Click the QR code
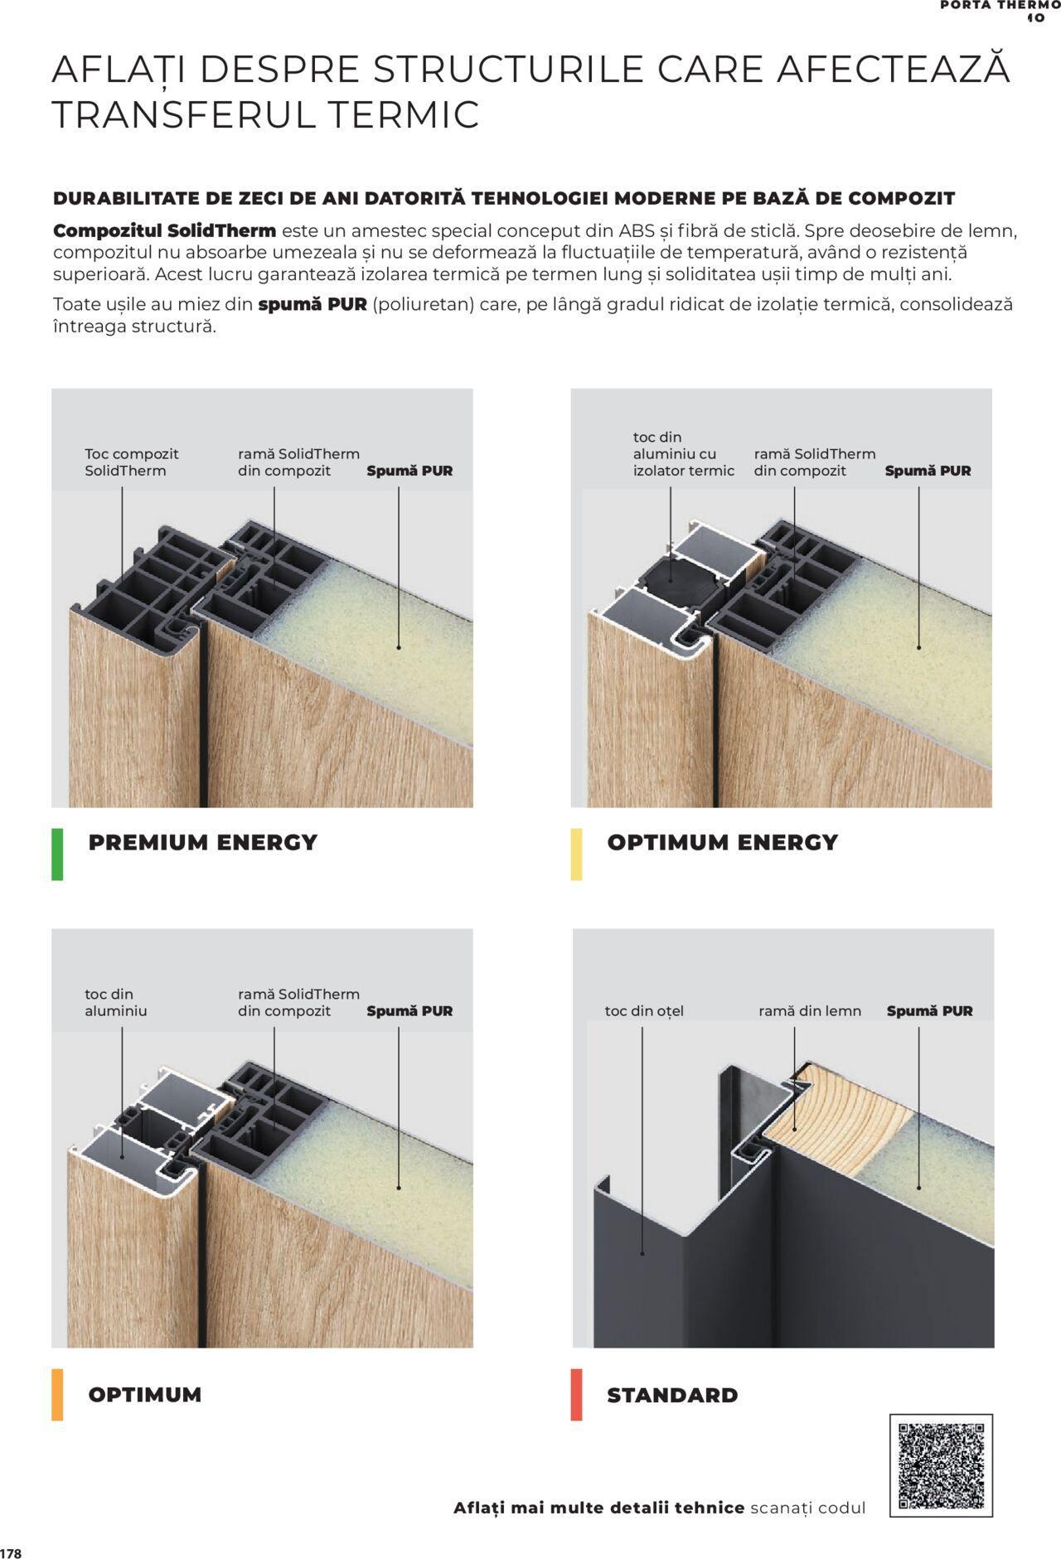pyautogui.click(x=941, y=1465)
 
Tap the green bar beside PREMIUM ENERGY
pyautogui.click(x=57, y=854)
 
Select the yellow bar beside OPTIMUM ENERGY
pyautogui.click(x=576, y=854)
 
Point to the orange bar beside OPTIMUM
pyautogui.click(x=57, y=1394)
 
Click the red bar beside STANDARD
pyautogui.click(x=576, y=1394)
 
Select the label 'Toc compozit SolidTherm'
pyautogui.click(x=131, y=462)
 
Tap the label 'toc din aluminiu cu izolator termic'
pyautogui.click(x=684, y=453)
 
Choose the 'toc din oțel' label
pyautogui.click(x=644, y=1011)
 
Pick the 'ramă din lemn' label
pyautogui.click(x=810, y=1011)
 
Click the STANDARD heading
pyautogui.click(x=672, y=1395)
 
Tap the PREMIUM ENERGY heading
pyautogui.click(x=203, y=842)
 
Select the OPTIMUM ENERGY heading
pyautogui.click(x=723, y=842)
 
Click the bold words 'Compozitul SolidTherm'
pyautogui.click(x=164, y=230)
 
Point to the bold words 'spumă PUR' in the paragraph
pyautogui.click(x=312, y=304)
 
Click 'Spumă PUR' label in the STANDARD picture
pyautogui.click(x=930, y=1011)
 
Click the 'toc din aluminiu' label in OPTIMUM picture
pyautogui.click(x=116, y=1003)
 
